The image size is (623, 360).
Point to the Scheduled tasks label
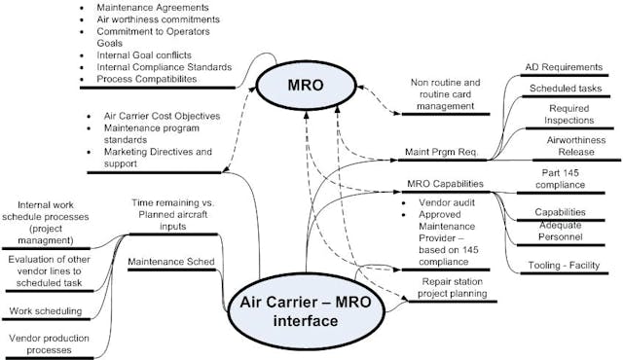555,88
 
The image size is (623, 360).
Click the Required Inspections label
561,117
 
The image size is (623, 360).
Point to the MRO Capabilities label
443,184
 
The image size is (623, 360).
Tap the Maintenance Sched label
168,260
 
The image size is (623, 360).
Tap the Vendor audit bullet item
439,202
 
